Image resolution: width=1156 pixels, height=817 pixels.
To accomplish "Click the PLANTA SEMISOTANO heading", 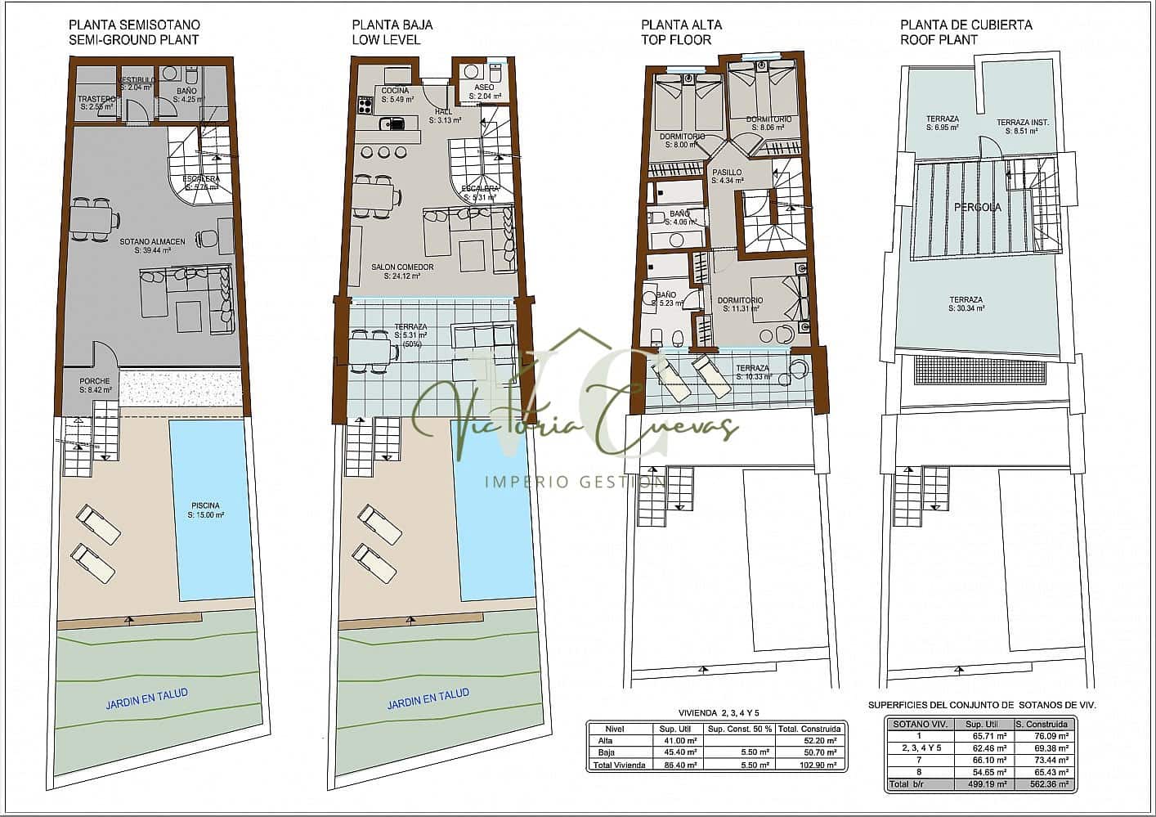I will point(134,25).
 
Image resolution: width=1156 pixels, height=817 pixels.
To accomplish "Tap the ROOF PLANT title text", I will point(939,39).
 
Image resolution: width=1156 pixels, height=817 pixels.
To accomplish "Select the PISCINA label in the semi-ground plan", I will point(205,505).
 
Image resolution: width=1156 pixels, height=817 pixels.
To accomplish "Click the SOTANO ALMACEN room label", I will point(152,241).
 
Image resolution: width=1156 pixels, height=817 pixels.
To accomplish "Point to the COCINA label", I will point(395,90).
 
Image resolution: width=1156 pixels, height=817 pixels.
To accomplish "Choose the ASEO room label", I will point(484,87).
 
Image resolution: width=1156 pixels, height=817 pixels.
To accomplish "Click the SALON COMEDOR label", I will point(402,267).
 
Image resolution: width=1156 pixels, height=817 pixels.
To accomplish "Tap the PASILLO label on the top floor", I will point(726,173).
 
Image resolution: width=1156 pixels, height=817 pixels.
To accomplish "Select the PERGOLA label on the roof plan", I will point(977,207).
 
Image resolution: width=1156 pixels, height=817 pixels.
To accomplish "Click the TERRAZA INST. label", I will point(1022,123).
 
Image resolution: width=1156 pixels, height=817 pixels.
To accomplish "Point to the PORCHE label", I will point(95,381).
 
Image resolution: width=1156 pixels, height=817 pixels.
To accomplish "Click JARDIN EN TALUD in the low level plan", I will point(428,698).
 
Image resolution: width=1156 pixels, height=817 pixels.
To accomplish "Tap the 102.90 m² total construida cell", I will point(809,765).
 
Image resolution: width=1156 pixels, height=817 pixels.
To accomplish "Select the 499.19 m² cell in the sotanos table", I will point(984,783).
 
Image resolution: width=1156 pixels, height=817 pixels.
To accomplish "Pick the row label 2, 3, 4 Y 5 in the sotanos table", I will point(921,747).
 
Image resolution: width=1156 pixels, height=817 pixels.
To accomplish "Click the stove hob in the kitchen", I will point(365,105).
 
